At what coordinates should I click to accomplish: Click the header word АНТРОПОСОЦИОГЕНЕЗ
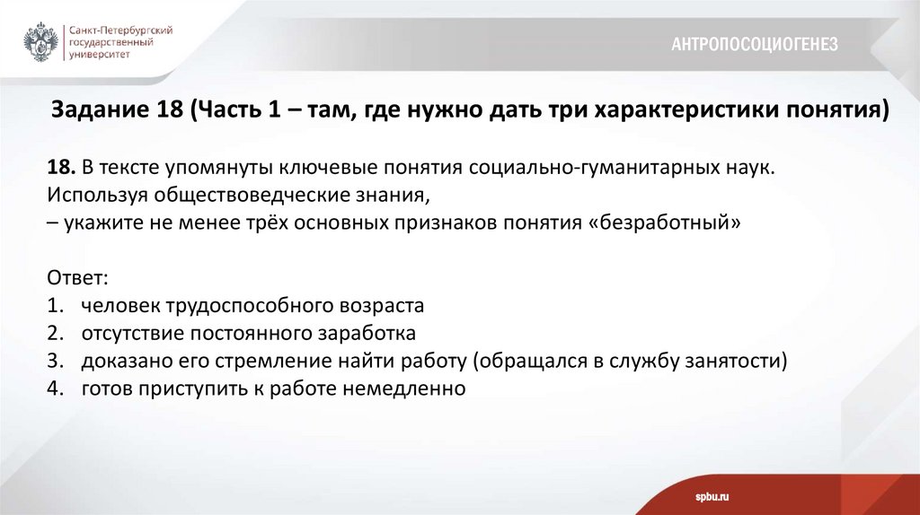point(754,44)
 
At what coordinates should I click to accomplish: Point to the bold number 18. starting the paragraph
point(62,168)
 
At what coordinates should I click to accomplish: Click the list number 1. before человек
point(56,306)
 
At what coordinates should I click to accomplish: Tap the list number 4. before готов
point(56,389)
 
